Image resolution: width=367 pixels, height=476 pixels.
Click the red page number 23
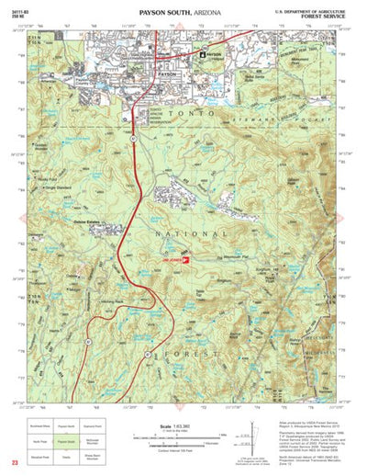point(14,465)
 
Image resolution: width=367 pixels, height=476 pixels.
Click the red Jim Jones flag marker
point(183,260)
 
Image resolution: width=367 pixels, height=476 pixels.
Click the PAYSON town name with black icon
point(213,55)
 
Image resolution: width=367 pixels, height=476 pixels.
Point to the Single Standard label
point(56,187)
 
